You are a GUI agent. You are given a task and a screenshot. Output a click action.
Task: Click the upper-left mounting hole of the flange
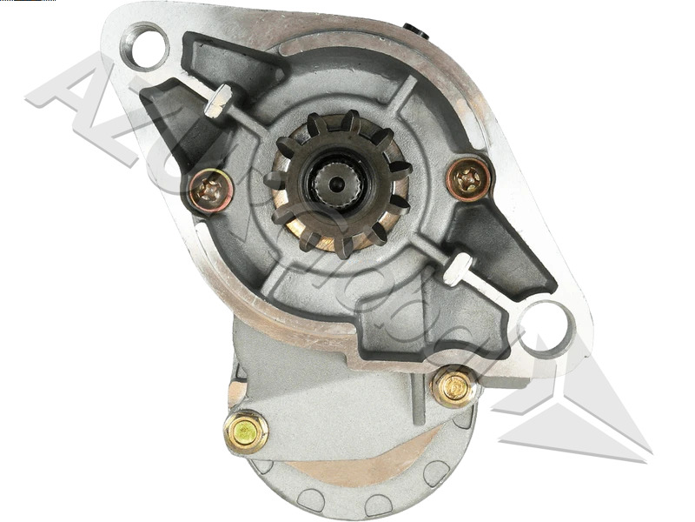145,45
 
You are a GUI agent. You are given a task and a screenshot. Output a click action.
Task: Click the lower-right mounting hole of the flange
545,328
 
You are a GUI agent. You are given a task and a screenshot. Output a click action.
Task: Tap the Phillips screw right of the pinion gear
469,179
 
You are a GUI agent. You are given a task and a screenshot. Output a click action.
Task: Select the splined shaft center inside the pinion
335,180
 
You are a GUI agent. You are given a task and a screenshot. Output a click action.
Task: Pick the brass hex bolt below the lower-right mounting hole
453,386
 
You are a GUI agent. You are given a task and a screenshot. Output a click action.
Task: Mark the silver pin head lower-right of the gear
458,266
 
